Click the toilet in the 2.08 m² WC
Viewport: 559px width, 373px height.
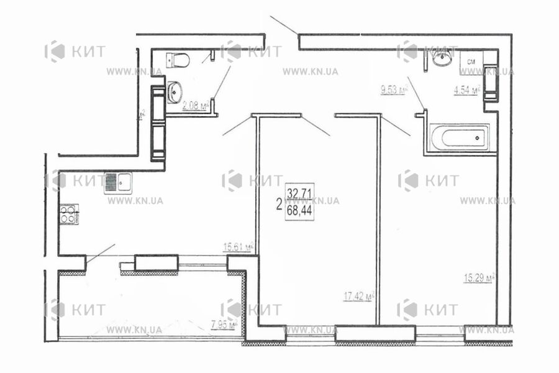[179, 60]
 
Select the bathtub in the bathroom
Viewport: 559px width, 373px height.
[459, 137]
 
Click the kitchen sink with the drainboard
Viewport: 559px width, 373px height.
[117, 182]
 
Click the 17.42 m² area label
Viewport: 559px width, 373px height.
[359, 298]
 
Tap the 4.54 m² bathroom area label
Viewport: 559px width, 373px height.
[467, 91]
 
